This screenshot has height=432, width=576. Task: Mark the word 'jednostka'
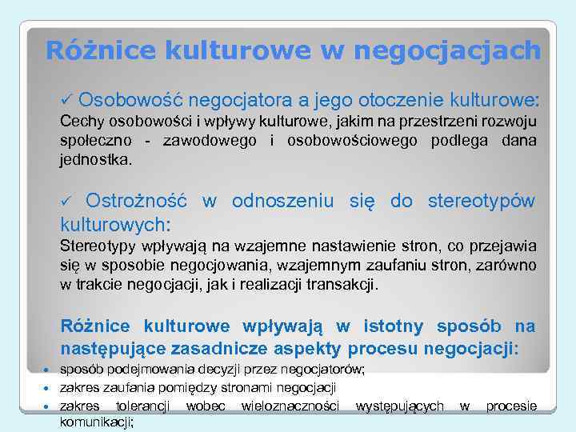[x=94, y=159]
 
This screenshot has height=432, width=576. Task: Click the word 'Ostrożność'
[x=137, y=200]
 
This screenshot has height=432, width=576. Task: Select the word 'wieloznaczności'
[x=290, y=406]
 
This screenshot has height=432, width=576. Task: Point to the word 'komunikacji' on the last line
[x=96, y=422]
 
